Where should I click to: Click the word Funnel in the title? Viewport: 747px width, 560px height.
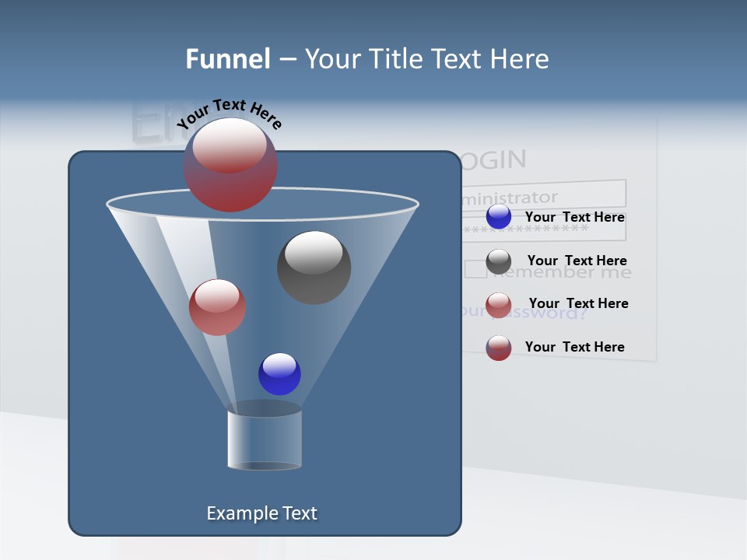(x=227, y=59)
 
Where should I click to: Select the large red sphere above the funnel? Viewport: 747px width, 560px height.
(x=230, y=165)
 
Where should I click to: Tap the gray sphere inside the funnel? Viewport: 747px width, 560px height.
(x=314, y=268)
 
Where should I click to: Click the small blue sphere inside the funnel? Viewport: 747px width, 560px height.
(x=279, y=374)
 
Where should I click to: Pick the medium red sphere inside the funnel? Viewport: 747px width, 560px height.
(x=218, y=307)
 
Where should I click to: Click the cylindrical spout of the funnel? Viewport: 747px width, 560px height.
(x=265, y=440)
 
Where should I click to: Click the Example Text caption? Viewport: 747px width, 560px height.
(x=262, y=513)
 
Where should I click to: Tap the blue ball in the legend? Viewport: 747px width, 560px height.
(x=499, y=217)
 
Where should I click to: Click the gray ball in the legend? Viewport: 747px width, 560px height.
(x=499, y=261)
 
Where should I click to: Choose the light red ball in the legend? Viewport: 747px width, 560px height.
(x=499, y=305)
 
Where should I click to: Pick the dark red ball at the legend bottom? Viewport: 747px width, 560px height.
(x=499, y=348)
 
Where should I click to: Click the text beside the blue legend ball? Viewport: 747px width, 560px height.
(x=575, y=217)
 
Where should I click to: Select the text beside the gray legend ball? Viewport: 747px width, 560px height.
(x=577, y=261)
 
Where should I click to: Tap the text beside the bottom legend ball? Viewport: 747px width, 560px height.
(x=575, y=347)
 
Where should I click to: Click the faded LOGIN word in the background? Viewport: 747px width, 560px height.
(x=493, y=160)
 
